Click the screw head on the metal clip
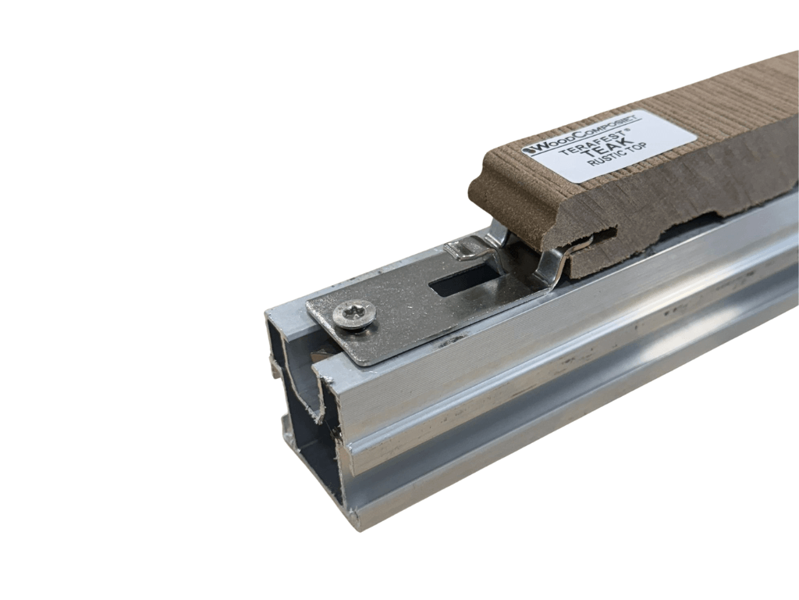coord(355,314)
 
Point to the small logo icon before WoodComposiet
coord(527,151)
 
